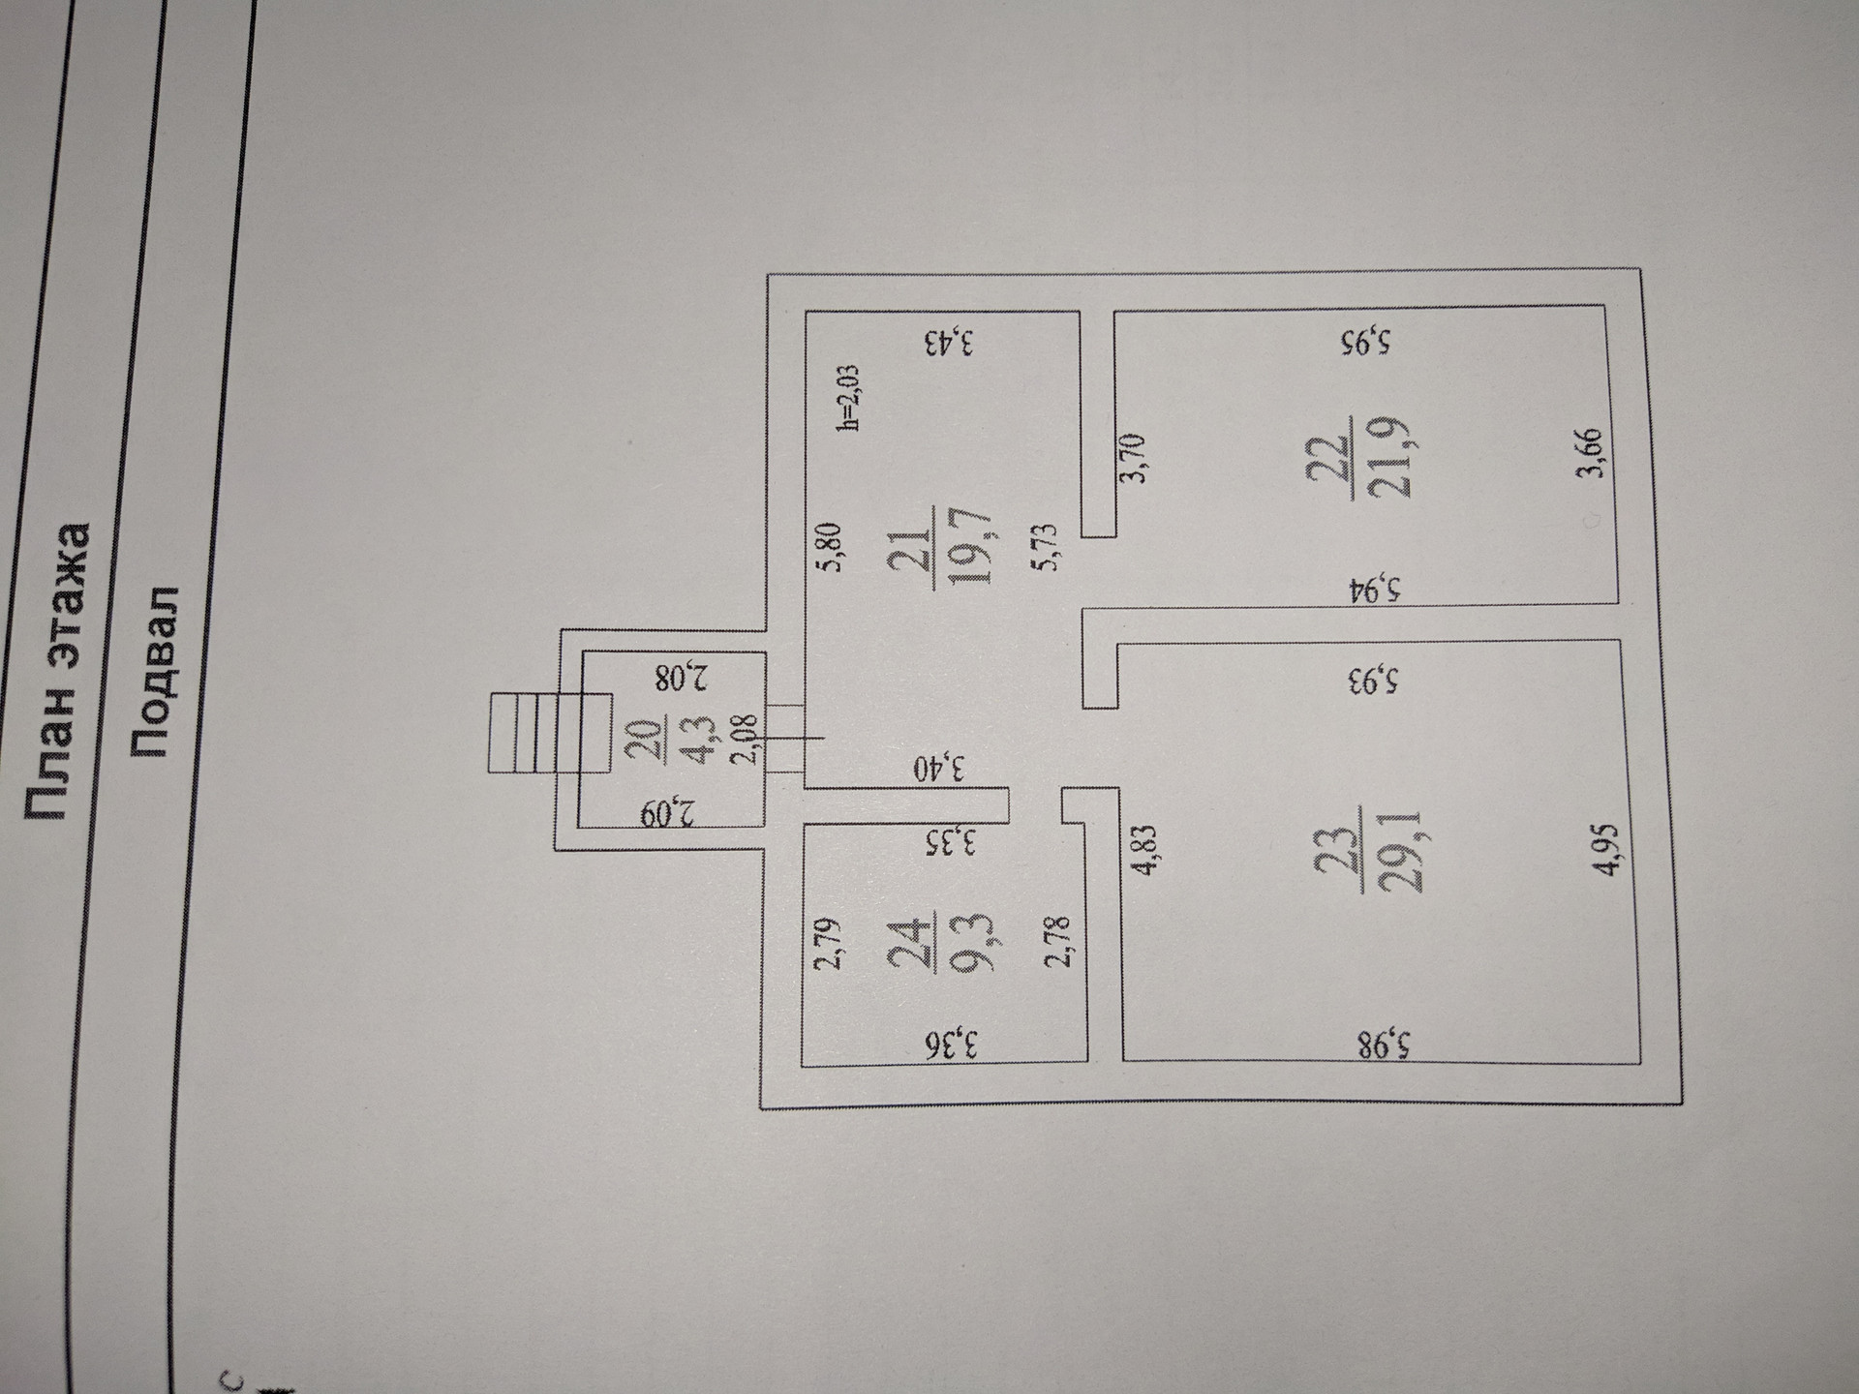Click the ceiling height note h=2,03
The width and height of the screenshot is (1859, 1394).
coord(848,397)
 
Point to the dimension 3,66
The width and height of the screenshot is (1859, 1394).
coord(1594,453)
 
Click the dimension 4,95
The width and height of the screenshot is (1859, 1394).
coord(1605,850)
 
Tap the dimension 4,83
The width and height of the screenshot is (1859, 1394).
coord(1143,850)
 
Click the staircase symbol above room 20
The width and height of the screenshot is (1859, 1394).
coord(548,733)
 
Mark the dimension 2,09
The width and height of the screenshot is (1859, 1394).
coord(674,812)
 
